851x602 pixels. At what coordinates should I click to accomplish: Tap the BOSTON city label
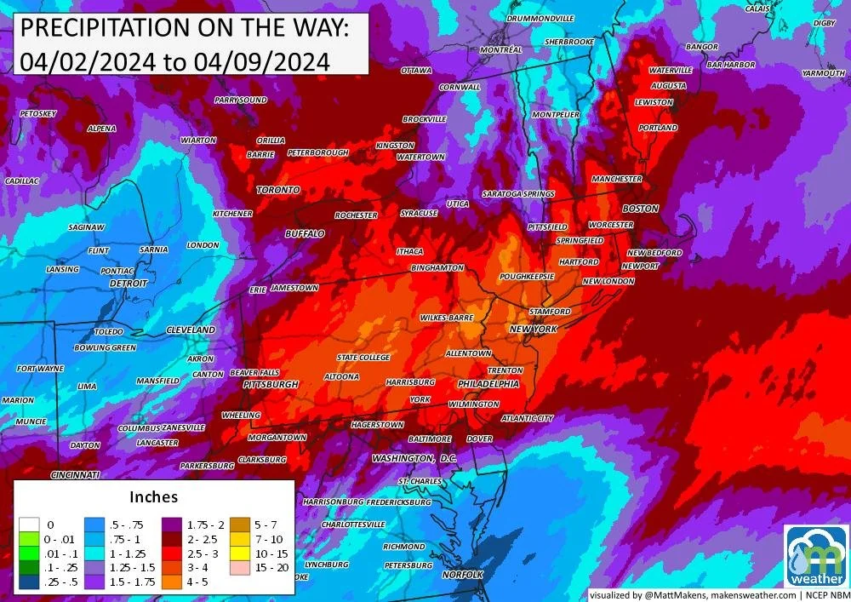(x=640, y=209)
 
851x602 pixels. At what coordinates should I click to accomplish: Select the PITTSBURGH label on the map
(x=271, y=385)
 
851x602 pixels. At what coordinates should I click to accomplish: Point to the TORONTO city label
(x=278, y=189)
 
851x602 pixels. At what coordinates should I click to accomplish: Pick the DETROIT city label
(x=129, y=283)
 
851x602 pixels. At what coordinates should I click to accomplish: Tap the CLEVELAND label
(x=191, y=330)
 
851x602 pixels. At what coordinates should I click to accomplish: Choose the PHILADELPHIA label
(x=488, y=384)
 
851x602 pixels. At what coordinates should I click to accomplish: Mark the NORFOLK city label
(x=462, y=575)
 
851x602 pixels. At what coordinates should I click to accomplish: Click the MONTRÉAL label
(x=500, y=50)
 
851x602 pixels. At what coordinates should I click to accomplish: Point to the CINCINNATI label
(x=76, y=474)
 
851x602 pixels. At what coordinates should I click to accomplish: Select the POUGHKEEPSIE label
(x=527, y=277)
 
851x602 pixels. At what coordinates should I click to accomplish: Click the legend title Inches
(x=153, y=496)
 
